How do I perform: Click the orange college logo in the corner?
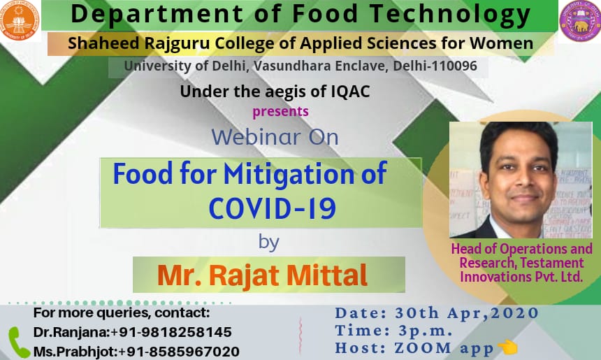pos(19,20)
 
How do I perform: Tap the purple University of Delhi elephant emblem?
pos(580,21)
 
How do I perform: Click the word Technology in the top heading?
pos(450,15)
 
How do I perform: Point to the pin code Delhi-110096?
pos(435,66)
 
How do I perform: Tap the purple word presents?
pos(280,112)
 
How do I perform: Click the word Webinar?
pos(256,137)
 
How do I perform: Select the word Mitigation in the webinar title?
pos(289,175)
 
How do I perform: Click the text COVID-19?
pos(273,208)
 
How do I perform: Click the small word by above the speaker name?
pos(268,243)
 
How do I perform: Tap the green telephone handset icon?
pos(18,343)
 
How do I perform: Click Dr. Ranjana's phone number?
pos(171,332)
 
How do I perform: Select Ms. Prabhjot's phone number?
pos(179,352)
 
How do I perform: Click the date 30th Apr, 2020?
pos(467,313)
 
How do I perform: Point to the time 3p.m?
pos(426,331)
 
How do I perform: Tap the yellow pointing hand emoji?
pos(507,347)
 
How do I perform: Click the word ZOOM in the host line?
pos(423,348)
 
